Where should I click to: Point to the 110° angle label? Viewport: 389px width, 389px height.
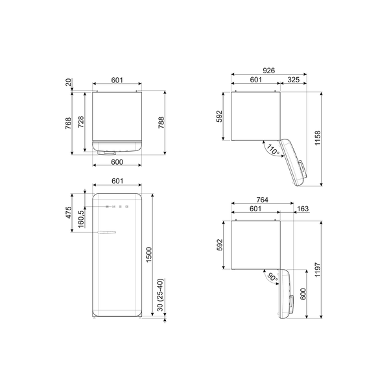272,150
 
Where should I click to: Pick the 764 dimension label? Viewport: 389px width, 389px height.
262,200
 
